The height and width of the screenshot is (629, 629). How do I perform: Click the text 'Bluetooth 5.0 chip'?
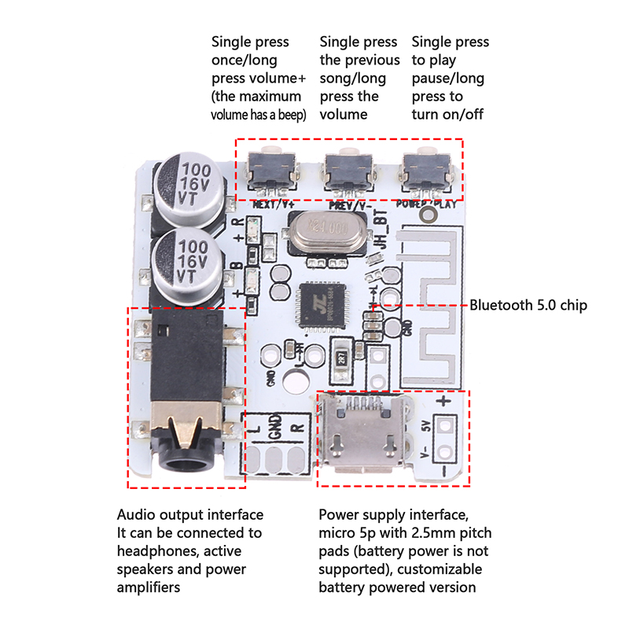tap(528, 305)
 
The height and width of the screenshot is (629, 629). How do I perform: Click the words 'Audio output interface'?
tap(190, 515)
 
